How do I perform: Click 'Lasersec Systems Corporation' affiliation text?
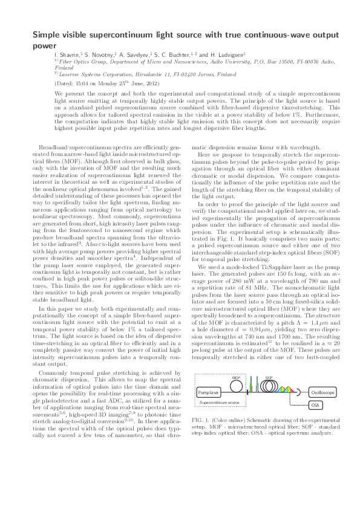(x=94, y=74)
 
